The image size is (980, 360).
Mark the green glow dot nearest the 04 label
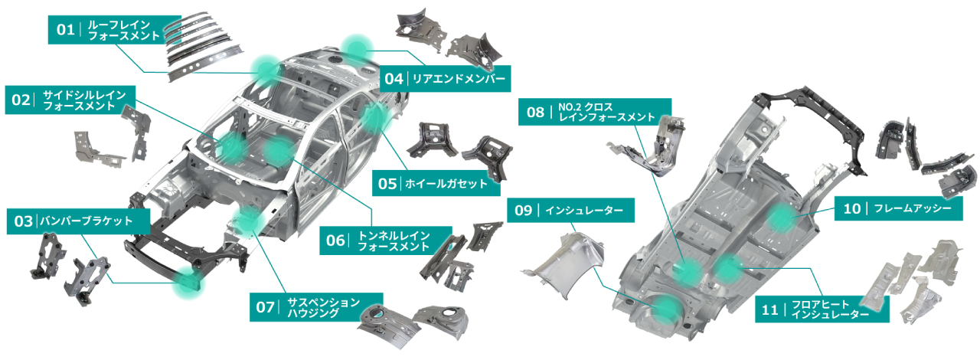click(357, 47)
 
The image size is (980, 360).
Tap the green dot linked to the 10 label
click(782, 220)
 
